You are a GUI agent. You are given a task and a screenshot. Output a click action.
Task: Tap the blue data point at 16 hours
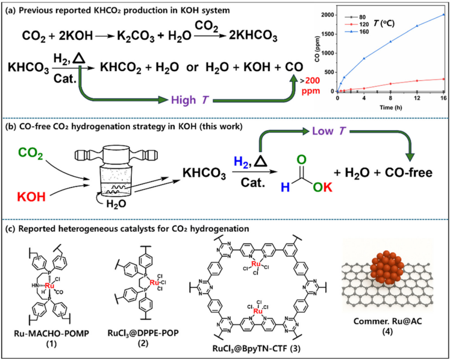tap(445, 14)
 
